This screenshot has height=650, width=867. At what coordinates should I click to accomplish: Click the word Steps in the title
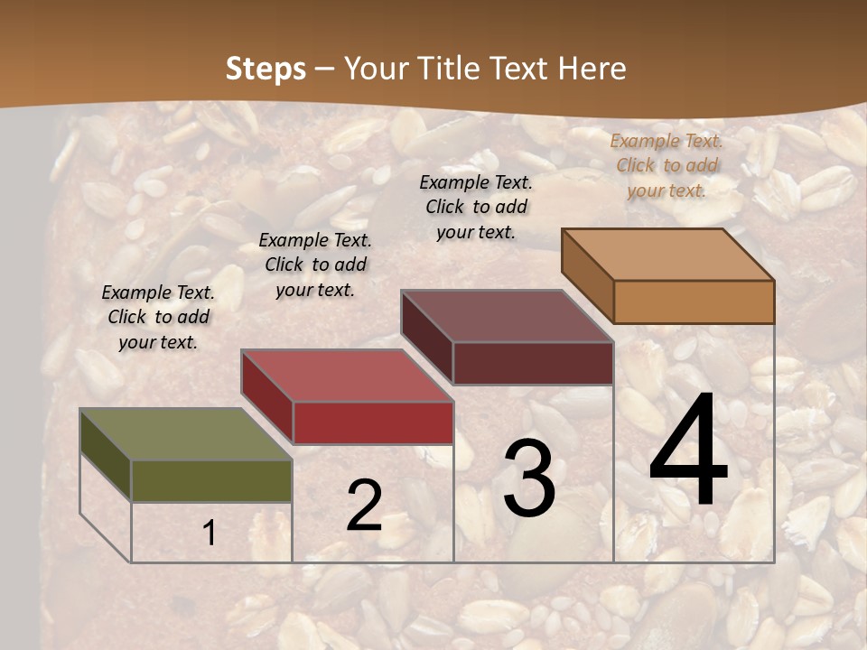[x=266, y=69]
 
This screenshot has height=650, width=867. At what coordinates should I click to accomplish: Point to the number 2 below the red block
[x=364, y=506]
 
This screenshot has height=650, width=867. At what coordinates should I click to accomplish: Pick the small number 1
[x=210, y=534]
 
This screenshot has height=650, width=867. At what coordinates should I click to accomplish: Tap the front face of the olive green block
[x=211, y=480]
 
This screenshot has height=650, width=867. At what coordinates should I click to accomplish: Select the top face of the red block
[x=346, y=376]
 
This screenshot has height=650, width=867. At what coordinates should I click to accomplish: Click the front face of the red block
[x=373, y=422]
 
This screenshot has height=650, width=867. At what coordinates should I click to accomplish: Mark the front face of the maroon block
[x=533, y=363]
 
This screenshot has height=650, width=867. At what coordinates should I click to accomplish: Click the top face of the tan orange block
[x=667, y=255]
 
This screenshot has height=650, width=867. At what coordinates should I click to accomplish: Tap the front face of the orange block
[x=694, y=302]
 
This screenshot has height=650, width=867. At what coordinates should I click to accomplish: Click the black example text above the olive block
[x=158, y=317]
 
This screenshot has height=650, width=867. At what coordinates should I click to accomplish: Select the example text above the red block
[x=315, y=265]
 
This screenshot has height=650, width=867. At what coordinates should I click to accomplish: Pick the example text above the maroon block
[x=476, y=207]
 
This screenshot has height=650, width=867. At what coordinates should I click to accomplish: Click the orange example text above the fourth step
[x=667, y=165]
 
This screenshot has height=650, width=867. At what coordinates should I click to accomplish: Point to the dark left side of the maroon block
[x=426, y=336]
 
